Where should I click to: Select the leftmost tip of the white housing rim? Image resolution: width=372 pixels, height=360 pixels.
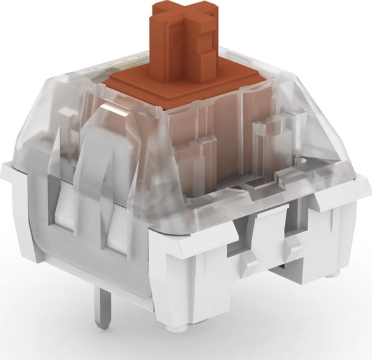tap(4, 167)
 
